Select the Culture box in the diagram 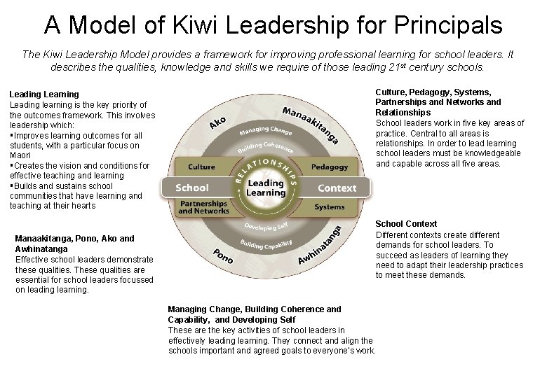tap(201, 168)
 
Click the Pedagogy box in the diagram tap(329, 168)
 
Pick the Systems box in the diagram tap(329, 207)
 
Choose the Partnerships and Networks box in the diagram tap(203, 207)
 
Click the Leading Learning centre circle tap(266, 188)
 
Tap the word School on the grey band tap(191, 188)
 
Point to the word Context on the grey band tap(337, 188)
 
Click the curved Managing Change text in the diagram tap(266, 131)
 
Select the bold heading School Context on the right tap(406, 224)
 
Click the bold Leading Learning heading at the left tap(43, 94)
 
